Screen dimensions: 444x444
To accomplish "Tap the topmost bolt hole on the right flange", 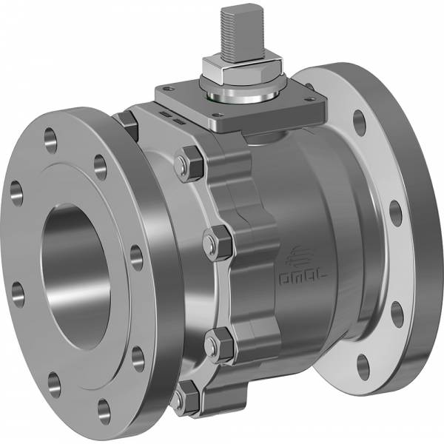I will pos(360,123).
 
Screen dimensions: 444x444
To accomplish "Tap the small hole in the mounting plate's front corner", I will pos(218,115).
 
